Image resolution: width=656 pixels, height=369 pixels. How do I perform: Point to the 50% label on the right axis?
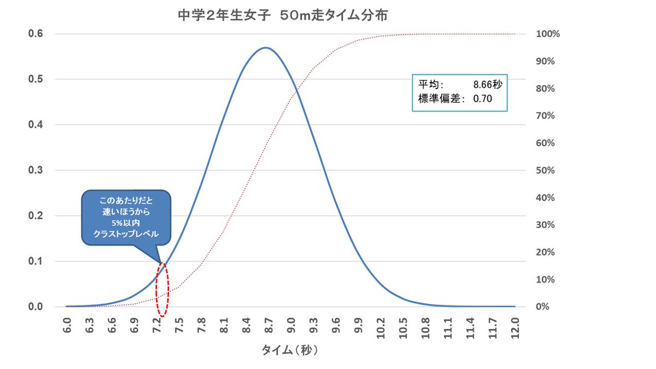tap(544, 171)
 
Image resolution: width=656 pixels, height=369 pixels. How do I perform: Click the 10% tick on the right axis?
tap(544, 279)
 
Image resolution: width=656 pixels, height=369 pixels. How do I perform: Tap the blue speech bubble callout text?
tap(126, 217)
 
